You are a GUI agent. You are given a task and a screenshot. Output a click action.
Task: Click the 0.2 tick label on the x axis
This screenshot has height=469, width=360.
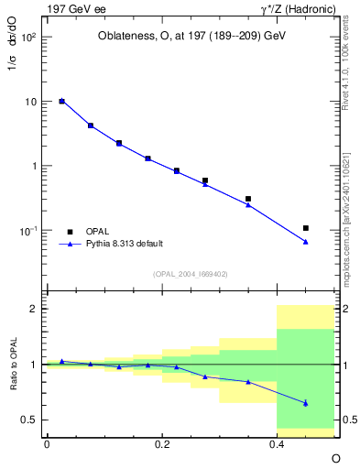[161, 443]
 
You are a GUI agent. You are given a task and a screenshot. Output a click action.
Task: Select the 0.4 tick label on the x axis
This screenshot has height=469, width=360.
[277, 443]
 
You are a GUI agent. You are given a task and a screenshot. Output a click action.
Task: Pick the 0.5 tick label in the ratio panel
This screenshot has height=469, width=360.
[28, 420]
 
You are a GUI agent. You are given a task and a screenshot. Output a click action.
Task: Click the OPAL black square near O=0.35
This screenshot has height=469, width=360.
[248, 199]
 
